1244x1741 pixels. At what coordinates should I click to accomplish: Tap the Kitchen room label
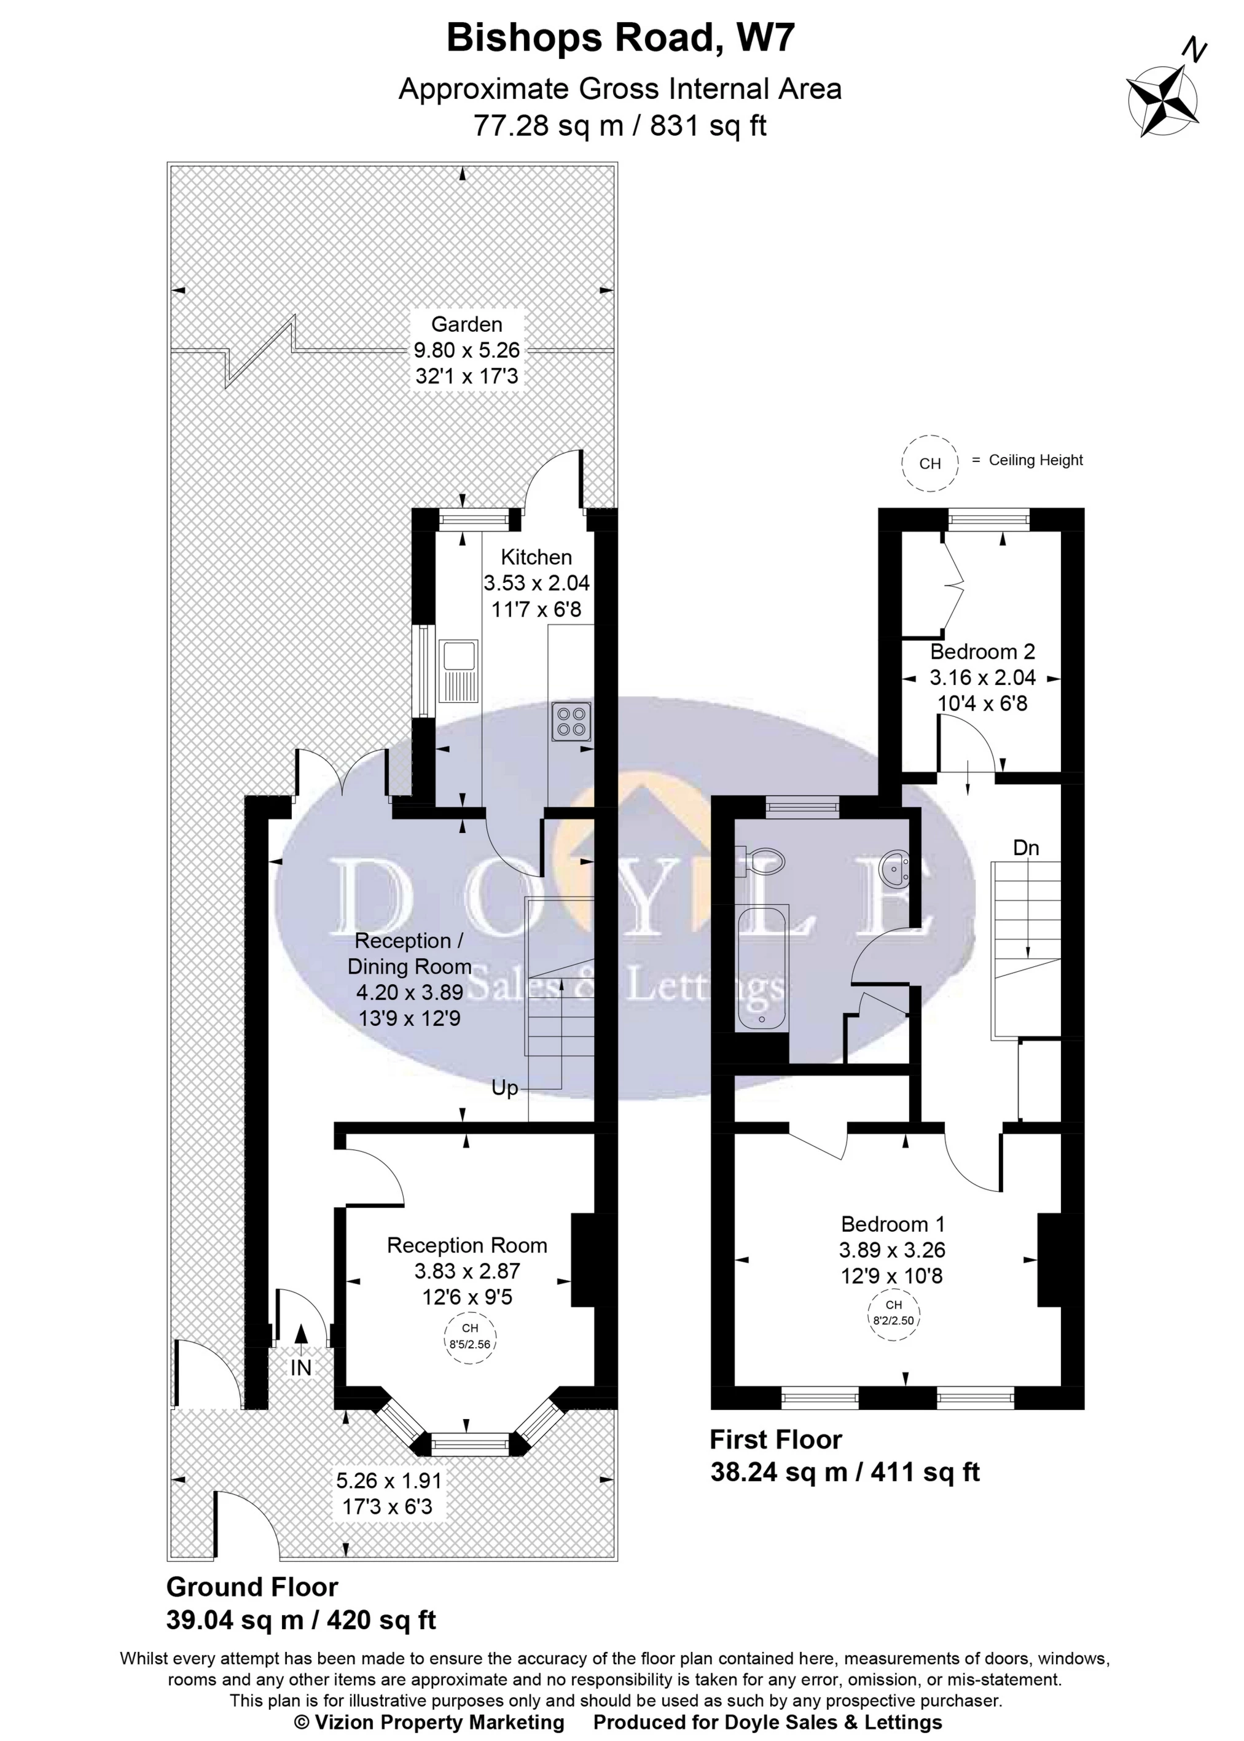pyautogui.click(x=536, y=557)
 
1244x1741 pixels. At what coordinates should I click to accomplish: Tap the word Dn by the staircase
pyautogui.click(x=1026, y=848)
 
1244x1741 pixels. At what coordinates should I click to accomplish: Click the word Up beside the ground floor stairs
pyautogui.click(x=505, y=1087)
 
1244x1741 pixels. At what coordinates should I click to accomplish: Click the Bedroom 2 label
pyautogui.click(x=982, y=652)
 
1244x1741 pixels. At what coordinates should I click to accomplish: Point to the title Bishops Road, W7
pyautogui.click(x=620, y=37)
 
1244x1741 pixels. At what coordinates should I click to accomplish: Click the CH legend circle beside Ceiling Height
pyautogui.click(x=930, y=463)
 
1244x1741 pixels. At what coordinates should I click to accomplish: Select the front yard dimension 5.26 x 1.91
pyautogui.click(x=389, y=1481)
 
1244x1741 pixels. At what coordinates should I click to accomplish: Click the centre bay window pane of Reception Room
pyautogui.click(x=469, y=1444)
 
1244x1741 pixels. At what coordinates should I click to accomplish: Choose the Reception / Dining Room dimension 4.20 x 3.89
pyautogui.click(x=410, y=992)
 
